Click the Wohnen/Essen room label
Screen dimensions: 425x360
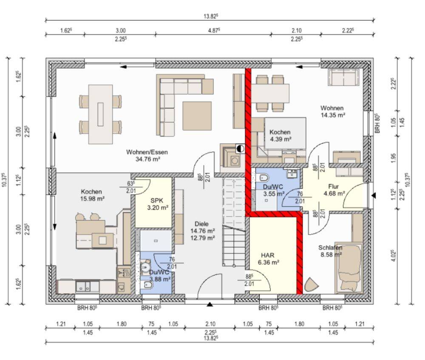(x=147, y=152)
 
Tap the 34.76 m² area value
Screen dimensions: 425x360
(x=148, y=159)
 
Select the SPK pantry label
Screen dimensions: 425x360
(x=157, y=201)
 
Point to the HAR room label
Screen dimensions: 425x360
(x=267, y=255)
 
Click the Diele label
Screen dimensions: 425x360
(x=201, y=224)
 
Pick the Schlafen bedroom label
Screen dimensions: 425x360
(x=330, y=248)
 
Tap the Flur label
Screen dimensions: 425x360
(x=333, y=187)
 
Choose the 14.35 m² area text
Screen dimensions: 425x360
(x=333, y=115)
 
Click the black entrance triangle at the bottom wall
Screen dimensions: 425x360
(x=210, y=305)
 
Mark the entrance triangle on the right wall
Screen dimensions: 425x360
(x=374, y=195)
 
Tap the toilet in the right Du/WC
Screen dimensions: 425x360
(x=264, y=178)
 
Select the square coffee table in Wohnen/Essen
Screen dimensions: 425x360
(x=197, y=116)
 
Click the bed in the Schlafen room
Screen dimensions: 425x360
(x=349, y=268)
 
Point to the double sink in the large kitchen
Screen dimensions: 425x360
(x=83, y=286)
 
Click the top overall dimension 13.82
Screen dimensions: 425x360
(x=211, y=16)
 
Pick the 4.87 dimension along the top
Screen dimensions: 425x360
(x=214, y=30)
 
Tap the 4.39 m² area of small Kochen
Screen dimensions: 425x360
(x=280, y=139)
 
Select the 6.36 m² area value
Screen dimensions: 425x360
(x=269, y=262)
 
